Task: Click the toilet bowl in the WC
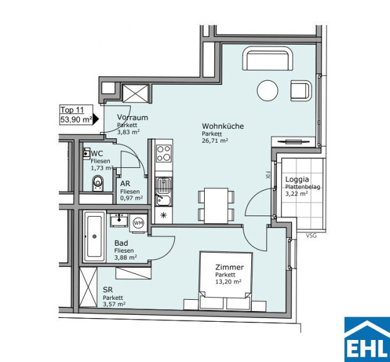tap(98, 184)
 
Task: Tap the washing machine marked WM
tap(138, 223)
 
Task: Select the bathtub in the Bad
tap(94, 236)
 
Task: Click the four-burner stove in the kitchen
tap(164, 153)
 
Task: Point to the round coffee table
tap(268, 90)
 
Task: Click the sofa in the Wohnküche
tap(268, 58)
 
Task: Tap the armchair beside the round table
tap(301, 90)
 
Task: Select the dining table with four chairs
tap(216, 206)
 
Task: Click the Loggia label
tap(297, 179)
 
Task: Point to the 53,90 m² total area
tap(76, 120)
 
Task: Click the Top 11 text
tap(72, 110)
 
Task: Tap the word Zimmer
tap(229, 267)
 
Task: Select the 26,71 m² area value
tap(215, 140)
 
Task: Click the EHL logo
tap(367, 339)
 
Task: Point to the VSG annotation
tap(311, 236)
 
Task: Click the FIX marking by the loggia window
tap(268, 175)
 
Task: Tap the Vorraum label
tap(133, 118)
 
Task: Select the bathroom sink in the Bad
tap(119, 220)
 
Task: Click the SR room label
tap(107, 290)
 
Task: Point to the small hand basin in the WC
tap(87, 153)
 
